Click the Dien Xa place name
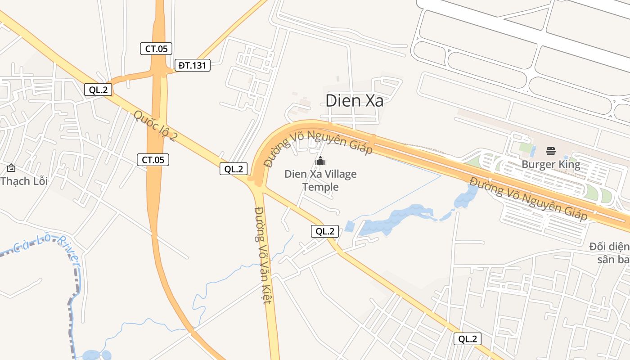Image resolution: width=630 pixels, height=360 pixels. click(355, 101)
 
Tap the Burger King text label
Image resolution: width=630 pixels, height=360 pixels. click(551, 165)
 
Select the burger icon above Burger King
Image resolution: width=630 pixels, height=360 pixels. click(551, 151)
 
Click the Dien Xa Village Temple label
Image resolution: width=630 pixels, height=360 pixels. click(320, 180)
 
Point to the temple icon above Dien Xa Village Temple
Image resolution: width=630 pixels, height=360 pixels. click(320, 161)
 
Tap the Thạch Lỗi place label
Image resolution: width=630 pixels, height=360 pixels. click(24, 181)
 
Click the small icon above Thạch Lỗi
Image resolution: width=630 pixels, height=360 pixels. click(11, 168)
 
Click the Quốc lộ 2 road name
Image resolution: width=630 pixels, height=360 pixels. click(155, 126)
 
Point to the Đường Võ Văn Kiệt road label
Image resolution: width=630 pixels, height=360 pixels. click(263, 255)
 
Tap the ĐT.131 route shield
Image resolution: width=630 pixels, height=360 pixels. click(192, 66)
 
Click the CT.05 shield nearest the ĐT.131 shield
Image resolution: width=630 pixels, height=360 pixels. click(156, 49)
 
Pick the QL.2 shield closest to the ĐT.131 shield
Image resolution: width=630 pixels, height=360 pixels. click(98, 90)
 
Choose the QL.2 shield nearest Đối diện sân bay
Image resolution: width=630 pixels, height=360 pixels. click(468, 339)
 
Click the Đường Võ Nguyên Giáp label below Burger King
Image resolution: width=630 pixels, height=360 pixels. click(529, 198)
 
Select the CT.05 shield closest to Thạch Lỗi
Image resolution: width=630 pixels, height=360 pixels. click(153, 159)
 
